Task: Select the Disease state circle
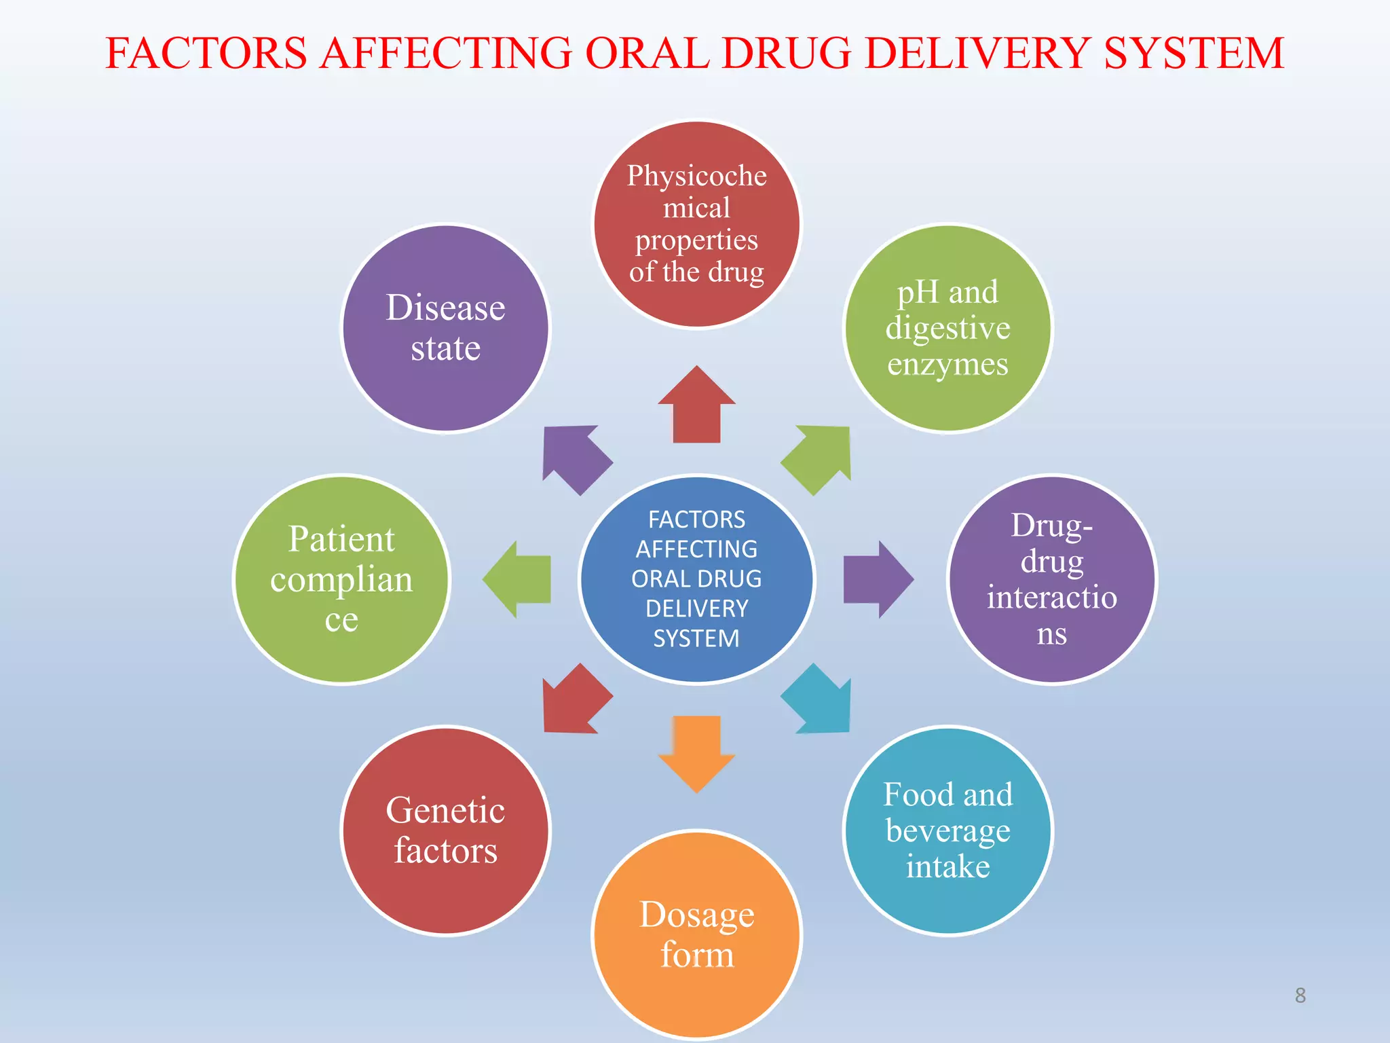pos(445,328)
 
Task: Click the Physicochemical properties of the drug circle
pos(696,224)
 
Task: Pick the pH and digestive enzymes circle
pos(947,328)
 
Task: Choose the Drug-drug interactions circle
pos(1051,579)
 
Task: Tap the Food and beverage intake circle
pos(947,830)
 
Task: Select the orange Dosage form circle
pos(696,934)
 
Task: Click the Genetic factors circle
pos(445,830)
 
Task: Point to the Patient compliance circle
pos(341,579)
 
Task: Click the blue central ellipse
pos(696,579)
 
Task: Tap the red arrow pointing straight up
pos(696,407)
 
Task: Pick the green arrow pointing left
pos(519,579)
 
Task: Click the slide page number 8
pos(1300,995)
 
